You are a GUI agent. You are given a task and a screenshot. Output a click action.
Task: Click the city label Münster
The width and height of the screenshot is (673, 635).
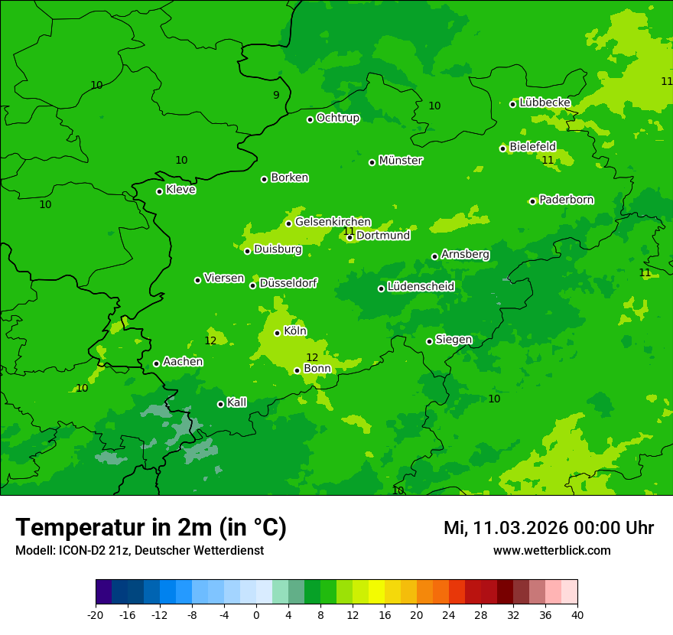(x=401, y=161)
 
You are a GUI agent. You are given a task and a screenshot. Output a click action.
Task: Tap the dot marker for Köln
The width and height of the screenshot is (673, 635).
(x=277, y=333)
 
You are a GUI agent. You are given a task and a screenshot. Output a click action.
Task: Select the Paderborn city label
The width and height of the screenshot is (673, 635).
(x=566, y=200)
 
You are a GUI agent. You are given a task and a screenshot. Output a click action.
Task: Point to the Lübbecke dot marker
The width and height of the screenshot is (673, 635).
(x=512, y=104)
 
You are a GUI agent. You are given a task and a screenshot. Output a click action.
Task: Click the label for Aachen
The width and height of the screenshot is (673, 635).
(x=183, y=362)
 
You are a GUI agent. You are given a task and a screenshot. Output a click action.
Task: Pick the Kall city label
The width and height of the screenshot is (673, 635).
(x=236, y=402)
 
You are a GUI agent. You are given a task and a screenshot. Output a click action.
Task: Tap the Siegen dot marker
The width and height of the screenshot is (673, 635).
(x=429, y=341)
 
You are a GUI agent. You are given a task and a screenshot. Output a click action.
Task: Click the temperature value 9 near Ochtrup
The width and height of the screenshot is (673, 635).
(x=276, y=95)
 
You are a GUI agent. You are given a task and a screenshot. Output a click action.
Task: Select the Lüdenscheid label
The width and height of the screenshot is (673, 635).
(x=421, y=287)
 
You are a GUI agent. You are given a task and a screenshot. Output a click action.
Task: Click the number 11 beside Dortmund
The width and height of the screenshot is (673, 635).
(x=349, y=231)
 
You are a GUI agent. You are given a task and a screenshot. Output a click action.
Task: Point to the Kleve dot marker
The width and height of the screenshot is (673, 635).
(x=159, y=191)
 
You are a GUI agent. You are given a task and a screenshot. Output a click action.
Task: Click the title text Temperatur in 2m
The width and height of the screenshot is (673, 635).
(x=151, y=527)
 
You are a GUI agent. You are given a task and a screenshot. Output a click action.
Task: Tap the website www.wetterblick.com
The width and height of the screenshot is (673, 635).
(x=551, y=551)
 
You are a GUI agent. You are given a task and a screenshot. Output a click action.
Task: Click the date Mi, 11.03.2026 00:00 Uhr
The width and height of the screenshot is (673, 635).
(x=548, y=528)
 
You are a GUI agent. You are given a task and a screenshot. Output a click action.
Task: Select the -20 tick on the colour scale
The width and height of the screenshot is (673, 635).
(x=96, y=614)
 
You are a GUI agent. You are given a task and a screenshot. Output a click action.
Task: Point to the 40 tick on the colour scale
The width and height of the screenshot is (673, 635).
(x=577, y=614)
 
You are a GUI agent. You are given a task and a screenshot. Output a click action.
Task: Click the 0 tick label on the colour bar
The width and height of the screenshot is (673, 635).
(x=256, y=614)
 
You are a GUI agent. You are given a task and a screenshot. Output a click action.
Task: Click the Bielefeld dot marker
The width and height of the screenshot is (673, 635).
(x=502, y=148)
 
